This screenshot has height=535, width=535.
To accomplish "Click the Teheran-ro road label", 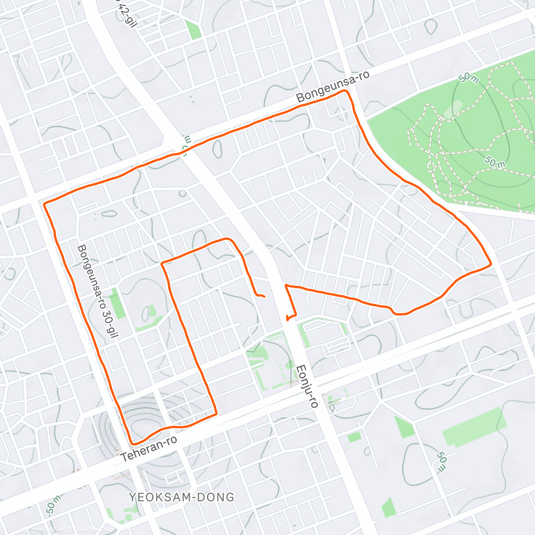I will click(x=149, y=448).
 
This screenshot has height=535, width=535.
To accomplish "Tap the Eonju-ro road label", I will click(x=307, y=387).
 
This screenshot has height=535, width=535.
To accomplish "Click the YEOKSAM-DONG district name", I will click(x=181, y=497).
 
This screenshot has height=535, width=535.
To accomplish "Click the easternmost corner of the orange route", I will click(x=490, y=264).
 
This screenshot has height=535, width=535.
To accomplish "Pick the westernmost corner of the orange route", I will click(x=44, y=204).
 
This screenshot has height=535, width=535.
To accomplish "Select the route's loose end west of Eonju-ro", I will click(x=264, y=296).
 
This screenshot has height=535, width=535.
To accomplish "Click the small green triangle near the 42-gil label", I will click(x=193, y=29).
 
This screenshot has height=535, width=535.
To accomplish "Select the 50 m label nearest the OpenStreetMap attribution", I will click(x=53, y=504).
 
